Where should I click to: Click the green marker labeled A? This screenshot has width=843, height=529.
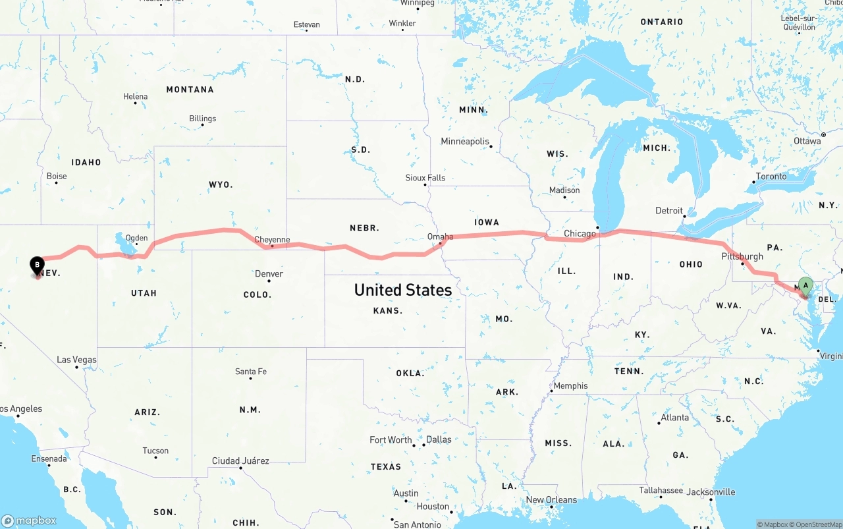point(805,287)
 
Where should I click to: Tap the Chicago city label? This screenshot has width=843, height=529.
point(580,233)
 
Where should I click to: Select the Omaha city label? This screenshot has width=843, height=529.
point(440,237)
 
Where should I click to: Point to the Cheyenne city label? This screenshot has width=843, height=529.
point(272,240)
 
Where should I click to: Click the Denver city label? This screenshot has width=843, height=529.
point(269,273)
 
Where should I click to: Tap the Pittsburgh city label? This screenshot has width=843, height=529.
point(742,256)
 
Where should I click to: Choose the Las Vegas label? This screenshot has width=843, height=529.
point(76,360)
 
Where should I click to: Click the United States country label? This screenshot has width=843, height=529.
point(403,290)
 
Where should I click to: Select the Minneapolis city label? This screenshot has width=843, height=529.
point(466,142)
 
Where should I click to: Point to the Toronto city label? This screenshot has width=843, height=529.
point(771,177)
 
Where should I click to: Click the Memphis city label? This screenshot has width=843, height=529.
point(570,386)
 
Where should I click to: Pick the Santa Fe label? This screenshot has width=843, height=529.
point(251,372)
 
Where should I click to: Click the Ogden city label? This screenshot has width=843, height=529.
point(136,238)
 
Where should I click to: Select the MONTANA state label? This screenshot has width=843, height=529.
point(190,90)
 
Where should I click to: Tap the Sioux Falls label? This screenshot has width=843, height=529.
point(425,178)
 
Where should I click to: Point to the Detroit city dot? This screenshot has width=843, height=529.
point(685,215)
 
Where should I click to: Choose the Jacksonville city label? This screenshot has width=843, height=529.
point(711,492)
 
